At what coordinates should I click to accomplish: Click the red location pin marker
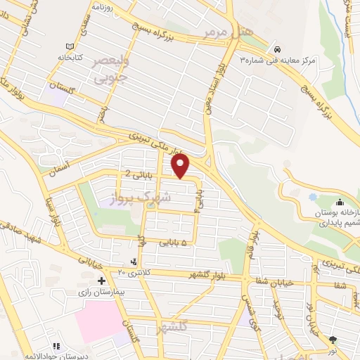coord(181,166)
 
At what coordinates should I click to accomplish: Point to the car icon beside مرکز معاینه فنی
coord(279,49)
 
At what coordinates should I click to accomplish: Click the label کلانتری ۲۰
coord(136,271)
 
